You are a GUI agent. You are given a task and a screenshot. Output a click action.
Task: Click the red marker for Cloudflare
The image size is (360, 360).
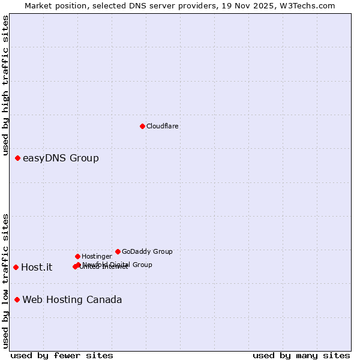pyautogui.click(x=142, y=126)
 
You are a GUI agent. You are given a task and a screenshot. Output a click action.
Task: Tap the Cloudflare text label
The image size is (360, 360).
pyautogui.click(x=162, y=127)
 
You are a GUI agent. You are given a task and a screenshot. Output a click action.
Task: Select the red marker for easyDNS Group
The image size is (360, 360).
pyautogui.click(x=18, y=158)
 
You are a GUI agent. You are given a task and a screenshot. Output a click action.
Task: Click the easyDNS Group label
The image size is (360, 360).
pyautogui.click(x=61, y=158)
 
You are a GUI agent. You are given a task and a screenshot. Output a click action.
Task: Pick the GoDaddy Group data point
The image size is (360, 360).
pyautogui.click(x=118, y=251)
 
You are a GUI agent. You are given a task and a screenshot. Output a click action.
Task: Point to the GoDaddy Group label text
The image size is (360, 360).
pyautogui.click(x=147, y=252)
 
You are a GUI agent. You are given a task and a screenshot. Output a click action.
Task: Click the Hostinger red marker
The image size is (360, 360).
pyautogui.click(x=77, y=256)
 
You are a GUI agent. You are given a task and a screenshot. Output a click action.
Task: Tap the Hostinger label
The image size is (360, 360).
pyautogui.click(x=97, y=257)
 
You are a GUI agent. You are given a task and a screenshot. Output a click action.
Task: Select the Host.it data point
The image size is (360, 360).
pyautogui.click(x=16, y=267)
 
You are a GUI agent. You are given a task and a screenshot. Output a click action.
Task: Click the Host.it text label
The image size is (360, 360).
pyautogui.click(x=37, y=268)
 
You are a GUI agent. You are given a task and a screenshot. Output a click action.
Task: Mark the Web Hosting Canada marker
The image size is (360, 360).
pyautogui.click(x=17, y=299)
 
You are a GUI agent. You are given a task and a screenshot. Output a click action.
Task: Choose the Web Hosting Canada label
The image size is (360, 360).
pyautogui.click(x=72, y=300)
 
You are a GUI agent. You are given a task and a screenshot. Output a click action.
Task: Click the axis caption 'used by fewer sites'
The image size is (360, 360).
pyautogui.click(x=62, y=356)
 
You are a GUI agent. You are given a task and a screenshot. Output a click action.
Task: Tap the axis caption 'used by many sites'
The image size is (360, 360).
pyautogui.click(x=301, y=356)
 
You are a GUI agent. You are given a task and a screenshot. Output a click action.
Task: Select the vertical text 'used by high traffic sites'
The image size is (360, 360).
pyautogui.click(x=5, y=85)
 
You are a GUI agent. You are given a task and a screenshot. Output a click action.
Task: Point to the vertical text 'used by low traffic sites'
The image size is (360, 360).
pyautogui.click(x=5, y=281)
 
